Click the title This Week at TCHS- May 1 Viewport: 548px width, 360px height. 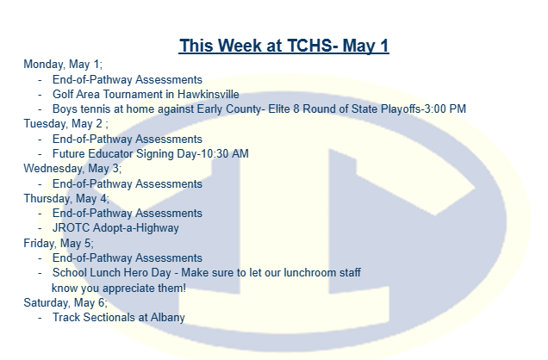click(283, 46)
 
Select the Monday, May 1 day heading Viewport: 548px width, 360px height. click(63, 65)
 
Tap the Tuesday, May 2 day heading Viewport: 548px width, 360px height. click(65, 124)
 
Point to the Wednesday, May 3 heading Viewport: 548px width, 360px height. click(72, 169)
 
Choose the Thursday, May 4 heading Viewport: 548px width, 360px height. click(66, 199)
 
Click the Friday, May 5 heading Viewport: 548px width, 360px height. click(59, 244)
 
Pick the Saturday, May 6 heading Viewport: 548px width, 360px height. click(65, 303)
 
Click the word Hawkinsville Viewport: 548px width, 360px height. click(209, 94)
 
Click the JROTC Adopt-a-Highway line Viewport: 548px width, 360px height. click(115, 228)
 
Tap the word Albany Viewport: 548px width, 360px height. click(168, 318)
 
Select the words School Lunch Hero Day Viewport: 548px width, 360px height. click(112, 273)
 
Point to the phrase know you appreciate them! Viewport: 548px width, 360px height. click(119, 289)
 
